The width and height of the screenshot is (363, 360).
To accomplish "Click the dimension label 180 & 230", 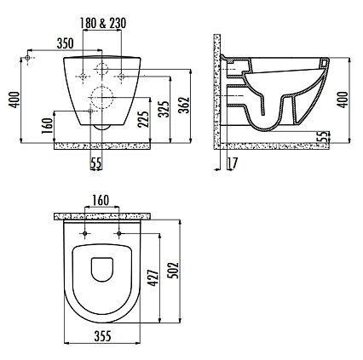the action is [x=103, y=23].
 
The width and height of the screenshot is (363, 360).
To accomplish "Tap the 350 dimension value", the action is [x=65, y=43].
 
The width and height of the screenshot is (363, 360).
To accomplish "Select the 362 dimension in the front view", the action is [x=185, y=106].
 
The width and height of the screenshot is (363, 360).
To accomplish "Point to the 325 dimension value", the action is [x=164, y=109].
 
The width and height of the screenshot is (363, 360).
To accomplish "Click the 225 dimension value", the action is [x=144, y=119].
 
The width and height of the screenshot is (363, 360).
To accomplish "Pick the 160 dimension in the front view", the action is [x=48, y=126].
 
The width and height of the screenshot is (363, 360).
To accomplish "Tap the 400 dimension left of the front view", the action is [x=14, y=100].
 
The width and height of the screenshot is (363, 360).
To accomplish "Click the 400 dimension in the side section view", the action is [x=343, y=100].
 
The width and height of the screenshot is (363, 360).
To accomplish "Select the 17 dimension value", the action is [x=232, y=163].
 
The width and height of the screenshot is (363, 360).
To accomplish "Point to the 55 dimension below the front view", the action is [x=96, y=163].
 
